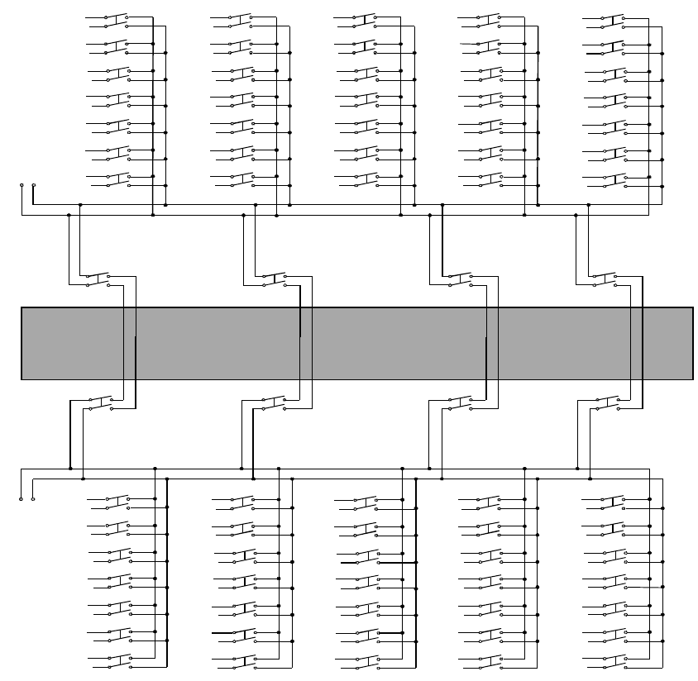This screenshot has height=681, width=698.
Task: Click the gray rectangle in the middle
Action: pos(356,343)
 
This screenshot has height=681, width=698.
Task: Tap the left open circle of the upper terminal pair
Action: pos(22,185)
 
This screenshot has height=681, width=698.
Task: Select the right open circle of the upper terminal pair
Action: pos(33,185)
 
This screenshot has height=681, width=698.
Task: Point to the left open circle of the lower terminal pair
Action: pos(22,499)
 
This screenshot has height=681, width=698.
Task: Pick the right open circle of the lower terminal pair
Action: pos(32,499)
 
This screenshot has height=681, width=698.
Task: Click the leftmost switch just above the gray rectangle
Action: pos(98,280)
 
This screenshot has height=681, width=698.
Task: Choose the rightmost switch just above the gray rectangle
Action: pos(605,280)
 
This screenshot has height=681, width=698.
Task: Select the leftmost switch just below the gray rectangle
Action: pos(98,403)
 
